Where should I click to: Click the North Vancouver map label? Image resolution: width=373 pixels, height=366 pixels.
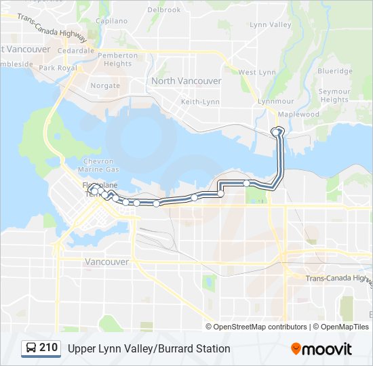tap(186, 81)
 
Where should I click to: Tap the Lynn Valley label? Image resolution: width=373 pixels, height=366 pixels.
tap(270, 25)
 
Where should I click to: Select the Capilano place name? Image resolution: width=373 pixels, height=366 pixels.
tap(112, 21)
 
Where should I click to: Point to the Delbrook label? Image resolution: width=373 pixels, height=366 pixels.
tap(164, 10)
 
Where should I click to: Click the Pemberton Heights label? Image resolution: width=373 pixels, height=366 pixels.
tap(118, 60)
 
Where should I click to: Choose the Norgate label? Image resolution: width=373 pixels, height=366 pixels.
tap(105, 86)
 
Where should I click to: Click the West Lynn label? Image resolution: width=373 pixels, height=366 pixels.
tap(257, 73)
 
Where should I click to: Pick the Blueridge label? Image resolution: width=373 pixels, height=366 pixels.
tap(335, 71)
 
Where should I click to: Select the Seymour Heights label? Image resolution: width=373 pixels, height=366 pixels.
tap(334, 96)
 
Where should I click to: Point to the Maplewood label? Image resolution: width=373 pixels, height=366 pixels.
tap(298, 115)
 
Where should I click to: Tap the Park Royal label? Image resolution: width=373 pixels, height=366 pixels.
tap(58, 68)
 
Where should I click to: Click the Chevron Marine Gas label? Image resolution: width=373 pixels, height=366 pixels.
tap(98, 165)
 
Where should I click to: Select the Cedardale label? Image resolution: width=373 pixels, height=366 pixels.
tap(76, 51)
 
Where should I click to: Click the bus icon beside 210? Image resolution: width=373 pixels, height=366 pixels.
tap(31, 348)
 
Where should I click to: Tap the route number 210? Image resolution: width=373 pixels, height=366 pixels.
tap(48, 348)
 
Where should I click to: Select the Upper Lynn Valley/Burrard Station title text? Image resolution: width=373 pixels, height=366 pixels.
tap(149, 348)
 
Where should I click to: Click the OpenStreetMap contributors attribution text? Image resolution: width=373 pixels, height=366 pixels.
tap(260, 327)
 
